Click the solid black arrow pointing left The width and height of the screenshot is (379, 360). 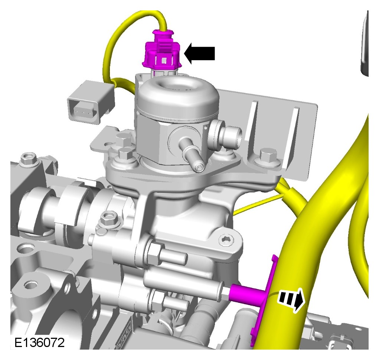pyautogui.click(x=200, y=53)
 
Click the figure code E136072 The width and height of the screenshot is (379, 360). pyautogui.click(x=39, y=343)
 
